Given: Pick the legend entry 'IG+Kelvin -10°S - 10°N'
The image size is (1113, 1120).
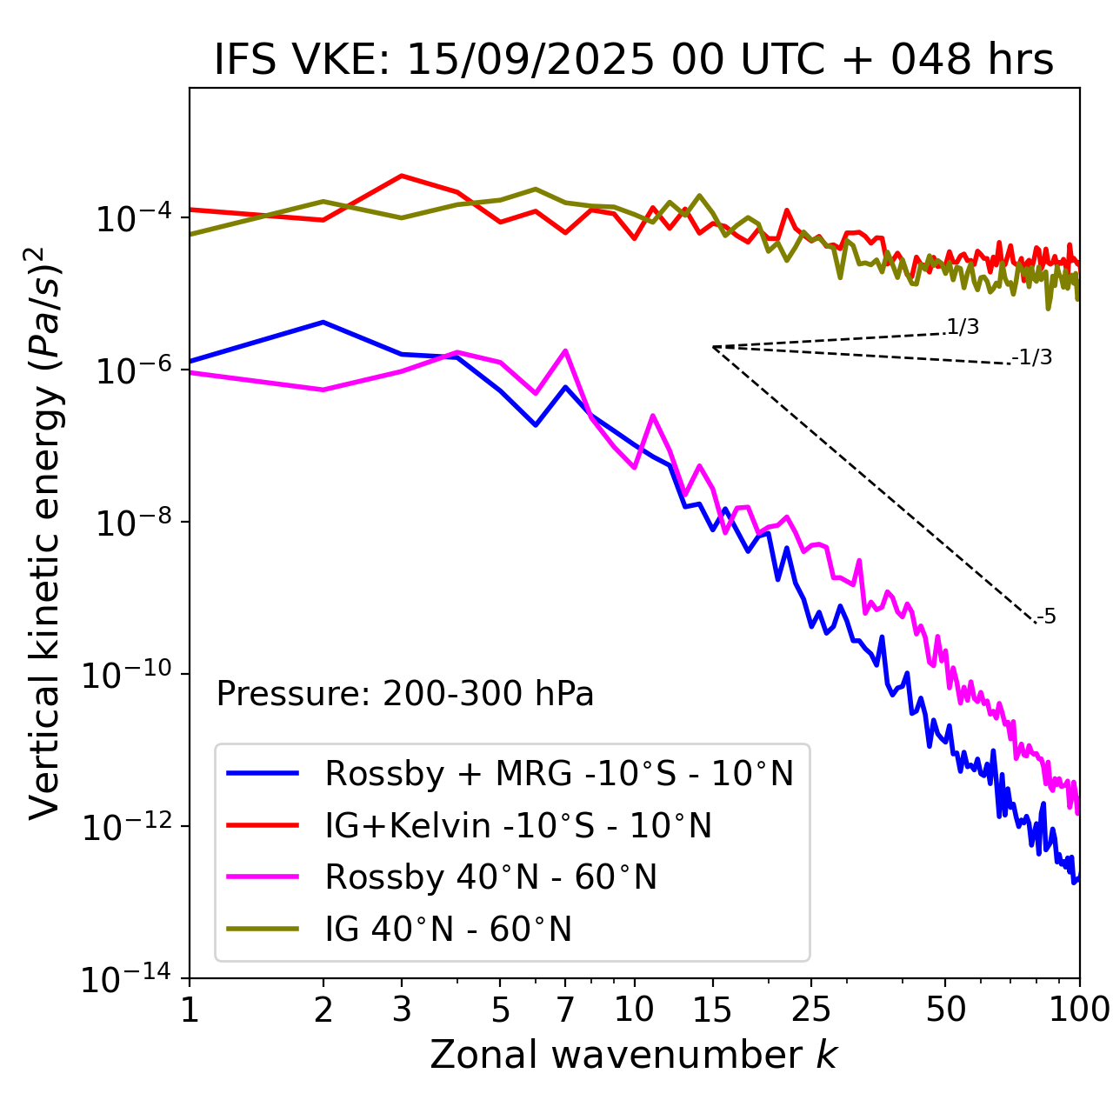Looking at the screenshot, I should [x=518, y=825].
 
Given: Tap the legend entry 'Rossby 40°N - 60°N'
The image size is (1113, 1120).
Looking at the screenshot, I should [x=490, y=877].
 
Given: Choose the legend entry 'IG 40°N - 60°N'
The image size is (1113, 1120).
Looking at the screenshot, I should [x=448, y=930].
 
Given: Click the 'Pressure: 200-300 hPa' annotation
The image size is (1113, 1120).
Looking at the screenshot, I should [x=405, y=694].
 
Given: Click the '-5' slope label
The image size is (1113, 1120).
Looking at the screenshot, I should [x=1046, y=617].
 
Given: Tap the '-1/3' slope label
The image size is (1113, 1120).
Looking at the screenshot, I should [x=1032, y=357].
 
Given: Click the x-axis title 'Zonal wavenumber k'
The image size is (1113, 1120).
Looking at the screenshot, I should [x=634, y=1055].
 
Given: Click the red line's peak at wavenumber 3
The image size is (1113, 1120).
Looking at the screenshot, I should [x=402, y=176].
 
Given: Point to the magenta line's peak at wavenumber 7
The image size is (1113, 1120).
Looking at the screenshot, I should [x=565, y=351].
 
